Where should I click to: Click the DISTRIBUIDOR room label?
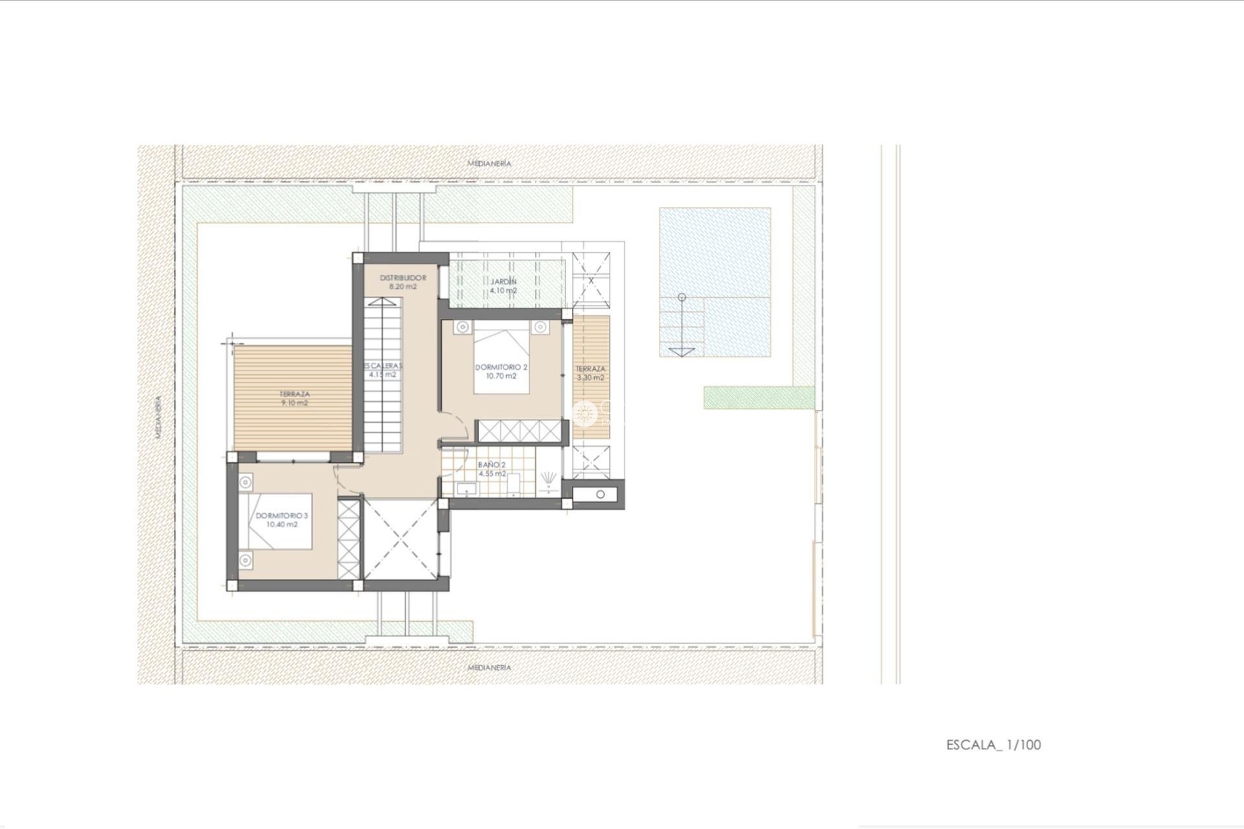pos(403,277)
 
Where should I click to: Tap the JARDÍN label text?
pos(503,282)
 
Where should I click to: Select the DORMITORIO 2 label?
pos(501,367)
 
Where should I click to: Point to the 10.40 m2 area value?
pos(282,525)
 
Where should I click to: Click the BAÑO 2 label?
pos(491,464)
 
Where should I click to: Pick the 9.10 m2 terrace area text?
pos(294,403)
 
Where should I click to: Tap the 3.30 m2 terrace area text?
pos(590,378)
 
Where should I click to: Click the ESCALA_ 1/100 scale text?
pos(993,745)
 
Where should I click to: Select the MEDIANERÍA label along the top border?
pos(489,163)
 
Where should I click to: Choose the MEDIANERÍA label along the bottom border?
pos(489,667)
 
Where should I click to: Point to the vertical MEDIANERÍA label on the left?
pos(158,418)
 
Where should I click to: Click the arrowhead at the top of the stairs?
pos(382,301)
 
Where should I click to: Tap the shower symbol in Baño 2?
pos(550,478)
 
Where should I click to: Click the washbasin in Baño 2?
pos(465,488)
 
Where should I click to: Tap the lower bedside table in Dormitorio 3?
pos(246,560)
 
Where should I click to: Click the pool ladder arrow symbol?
pos(682,350)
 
